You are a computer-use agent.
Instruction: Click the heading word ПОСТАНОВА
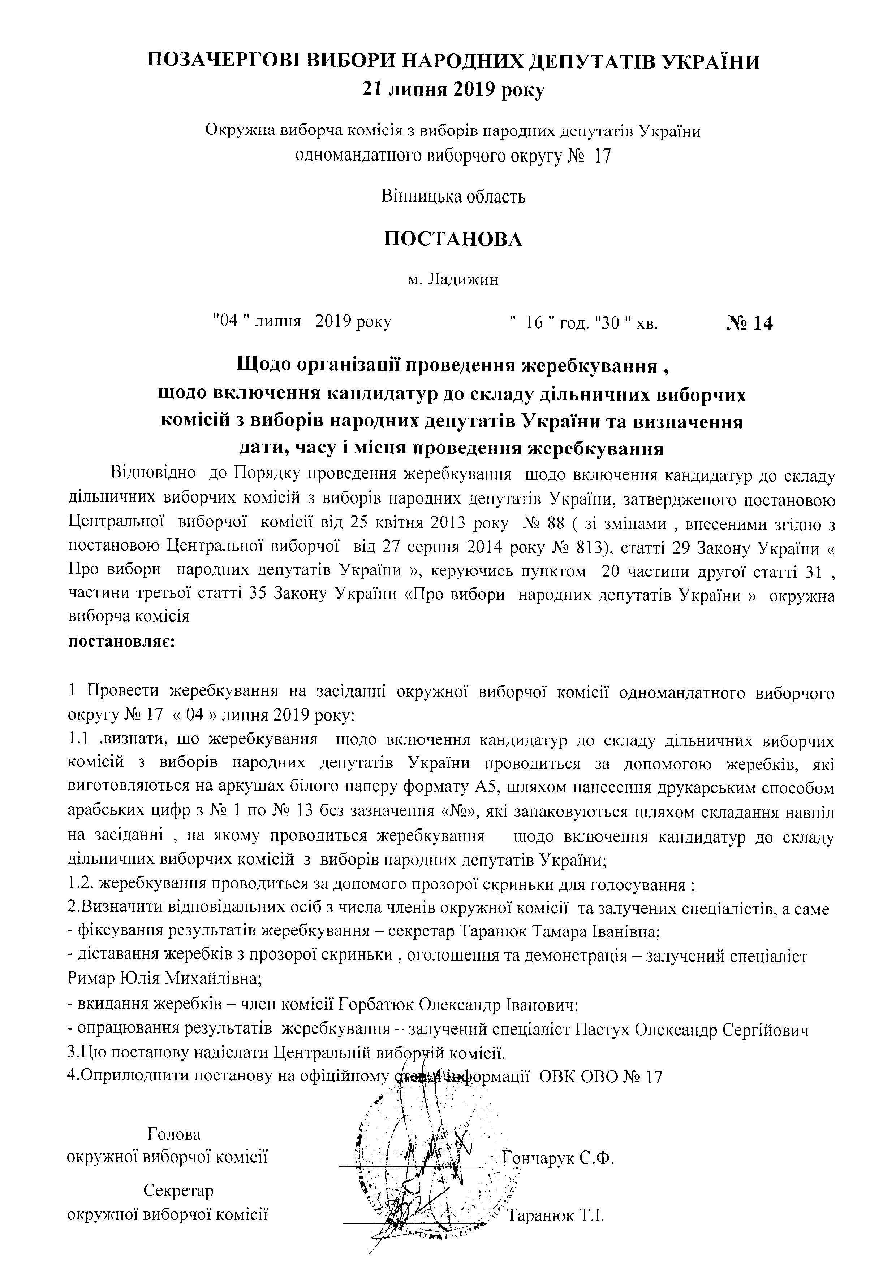(452, 239)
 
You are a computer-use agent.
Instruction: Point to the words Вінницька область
(453, 197)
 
